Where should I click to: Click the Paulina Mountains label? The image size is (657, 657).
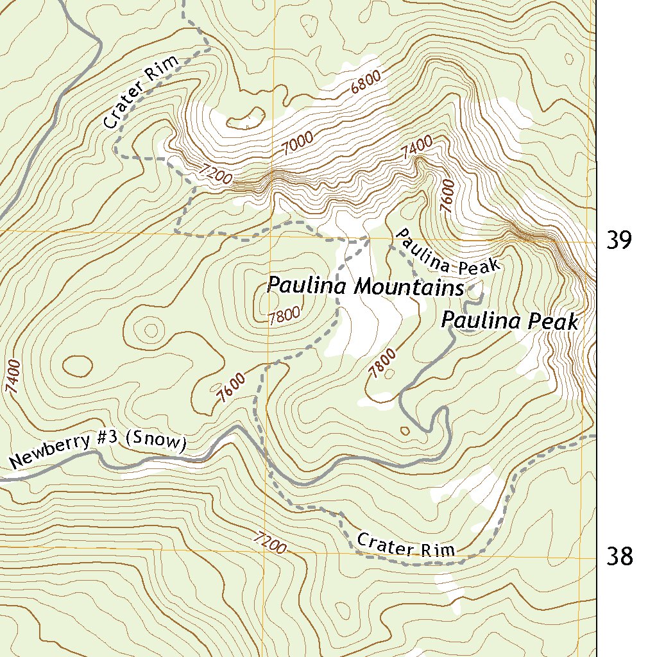click(365, 286)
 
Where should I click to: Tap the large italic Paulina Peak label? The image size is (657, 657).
click(510, 320)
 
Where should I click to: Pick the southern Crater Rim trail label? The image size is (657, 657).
click(405, 545)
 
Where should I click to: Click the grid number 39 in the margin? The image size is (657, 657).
click(620, 240)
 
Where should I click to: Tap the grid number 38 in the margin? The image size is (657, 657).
click(620, 556)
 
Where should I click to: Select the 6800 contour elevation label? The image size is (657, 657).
click(366, 82)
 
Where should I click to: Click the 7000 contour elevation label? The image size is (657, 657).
click(297, 143)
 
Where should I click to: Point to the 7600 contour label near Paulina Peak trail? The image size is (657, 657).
click(447, 195)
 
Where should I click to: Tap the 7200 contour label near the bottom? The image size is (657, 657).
click(269, 543)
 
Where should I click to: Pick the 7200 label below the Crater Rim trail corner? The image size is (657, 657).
click(215, 174)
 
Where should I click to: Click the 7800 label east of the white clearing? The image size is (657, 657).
click(382, 363)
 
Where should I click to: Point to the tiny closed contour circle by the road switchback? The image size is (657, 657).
click(405, 431)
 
